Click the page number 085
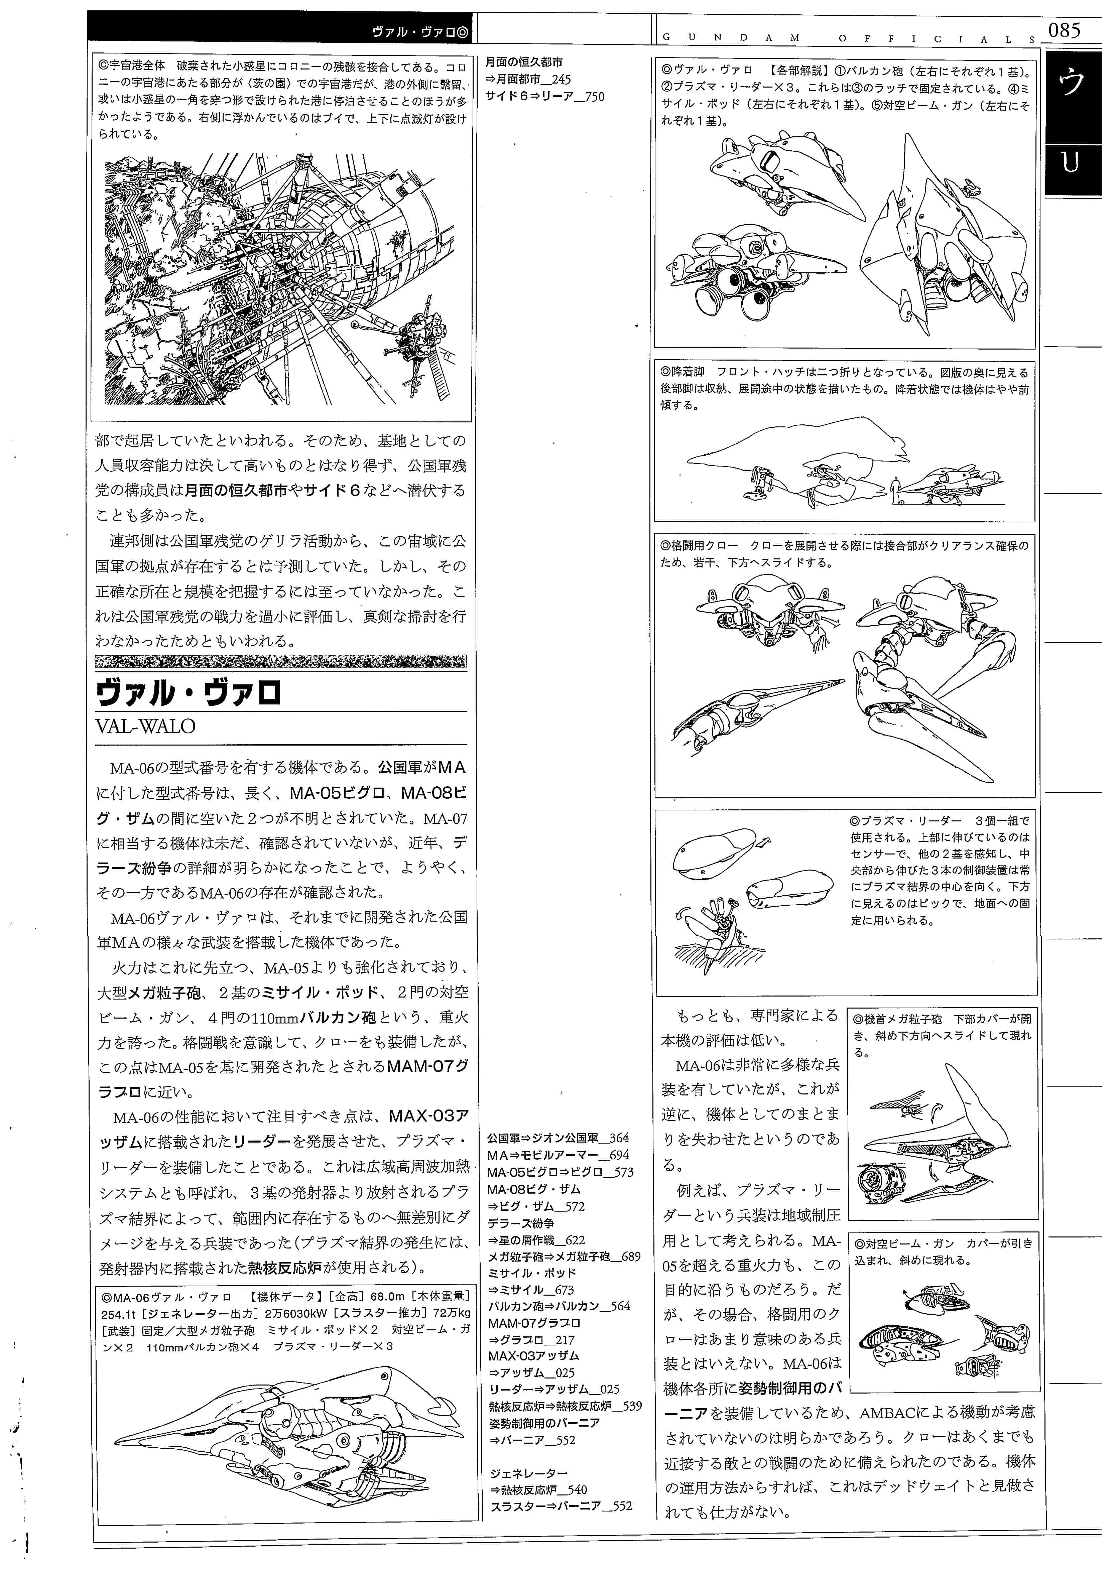(1064, 30)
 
